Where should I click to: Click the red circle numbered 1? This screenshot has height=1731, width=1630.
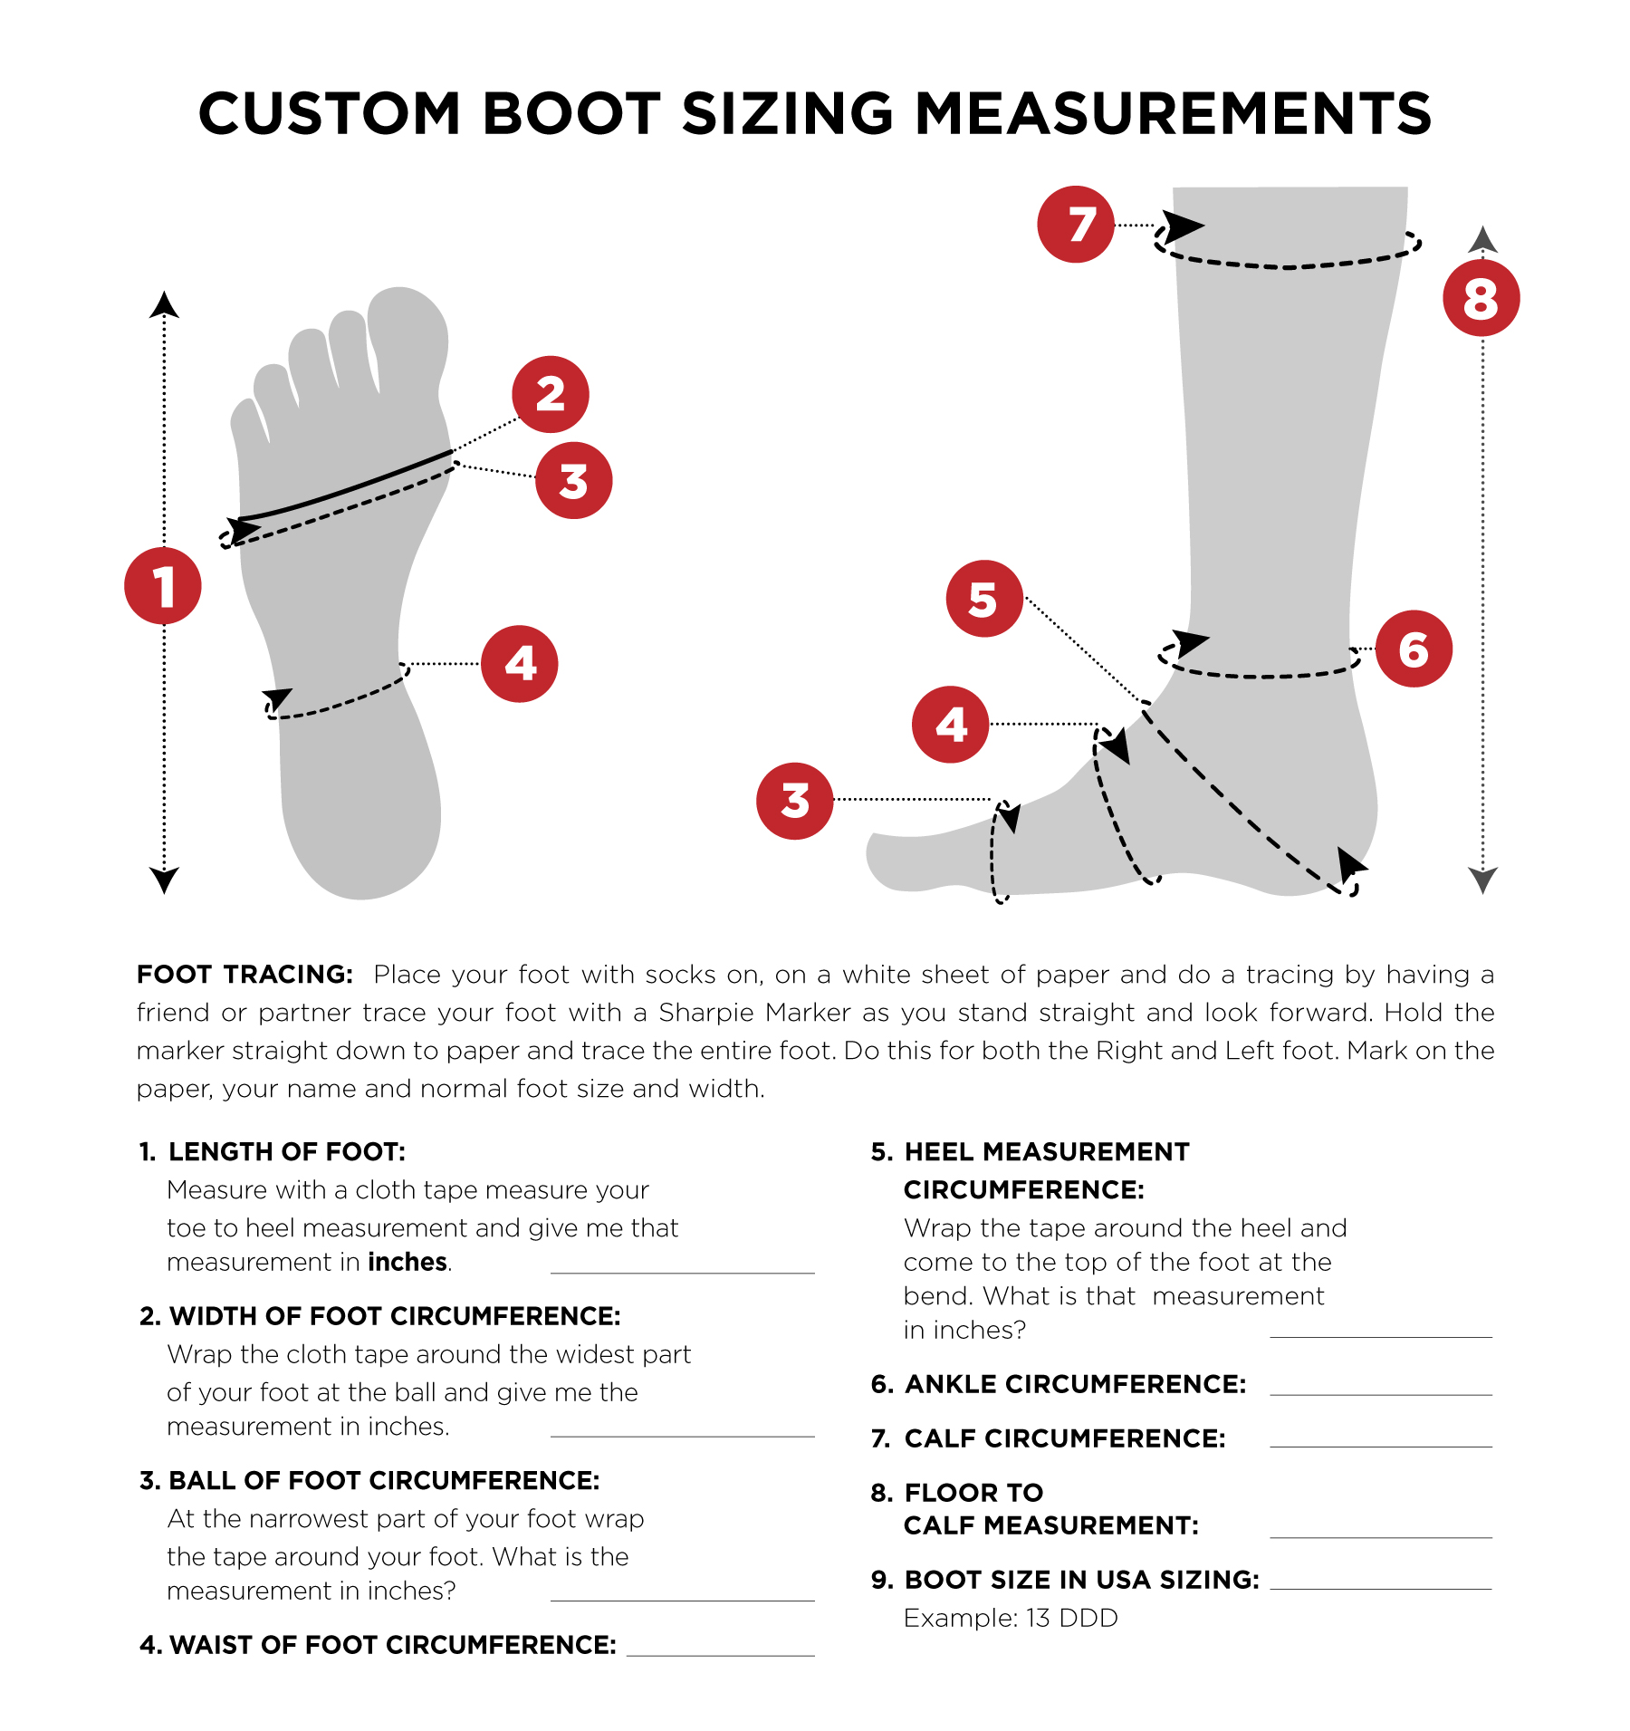coord(163,586)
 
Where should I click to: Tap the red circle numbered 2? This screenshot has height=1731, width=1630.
coord(551,394)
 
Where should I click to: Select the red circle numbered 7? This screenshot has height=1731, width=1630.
coord(1076,225)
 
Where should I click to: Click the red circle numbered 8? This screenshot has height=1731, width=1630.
coord(1481,298)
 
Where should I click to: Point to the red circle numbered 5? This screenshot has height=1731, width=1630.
coord(984,599)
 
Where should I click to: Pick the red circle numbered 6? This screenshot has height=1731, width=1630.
coord(1414,649)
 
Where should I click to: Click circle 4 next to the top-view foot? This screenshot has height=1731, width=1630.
coord(519,664)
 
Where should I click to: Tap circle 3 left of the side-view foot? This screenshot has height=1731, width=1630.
coord(795,801)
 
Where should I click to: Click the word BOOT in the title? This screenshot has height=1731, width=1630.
coord(571,114)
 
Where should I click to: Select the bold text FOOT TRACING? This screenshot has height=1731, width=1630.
coord(244,975)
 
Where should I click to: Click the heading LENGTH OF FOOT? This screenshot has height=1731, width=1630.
coord(286,1151)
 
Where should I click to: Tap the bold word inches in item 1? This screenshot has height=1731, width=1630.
coord(407,1262)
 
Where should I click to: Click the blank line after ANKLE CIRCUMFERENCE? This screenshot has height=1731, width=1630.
coord(1380,1392)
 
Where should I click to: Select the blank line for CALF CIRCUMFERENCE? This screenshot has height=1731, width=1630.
coord(1380,1445)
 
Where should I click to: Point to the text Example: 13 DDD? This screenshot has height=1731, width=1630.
coord(1011,1618)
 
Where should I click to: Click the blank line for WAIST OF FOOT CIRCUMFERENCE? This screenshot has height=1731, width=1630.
coord(720,1653)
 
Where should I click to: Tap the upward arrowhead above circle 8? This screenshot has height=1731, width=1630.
coord(1482,239)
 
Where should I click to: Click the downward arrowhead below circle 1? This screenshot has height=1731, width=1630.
coord(164,880)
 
